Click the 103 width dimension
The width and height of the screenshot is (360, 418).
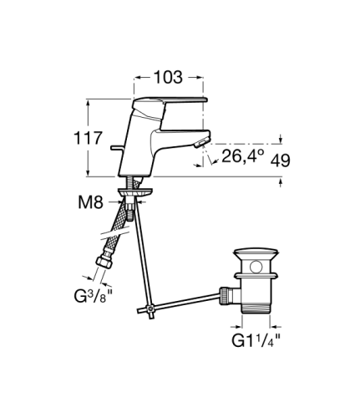tap(168, 77)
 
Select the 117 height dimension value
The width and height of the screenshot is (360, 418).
tap(88, 138)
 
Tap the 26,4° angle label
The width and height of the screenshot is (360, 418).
tap(242, 156)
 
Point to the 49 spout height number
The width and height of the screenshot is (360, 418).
tap(280, 161)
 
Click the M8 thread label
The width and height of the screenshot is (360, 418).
tap(90, 202)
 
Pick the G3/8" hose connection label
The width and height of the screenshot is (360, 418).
tap(90, 296)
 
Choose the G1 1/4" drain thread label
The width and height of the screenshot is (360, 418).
tap(256, 340)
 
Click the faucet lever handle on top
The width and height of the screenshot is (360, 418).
tap(170, 101)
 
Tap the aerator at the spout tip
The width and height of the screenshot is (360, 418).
tap(201, 143)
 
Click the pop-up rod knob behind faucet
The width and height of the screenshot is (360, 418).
tap(116, 147)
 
